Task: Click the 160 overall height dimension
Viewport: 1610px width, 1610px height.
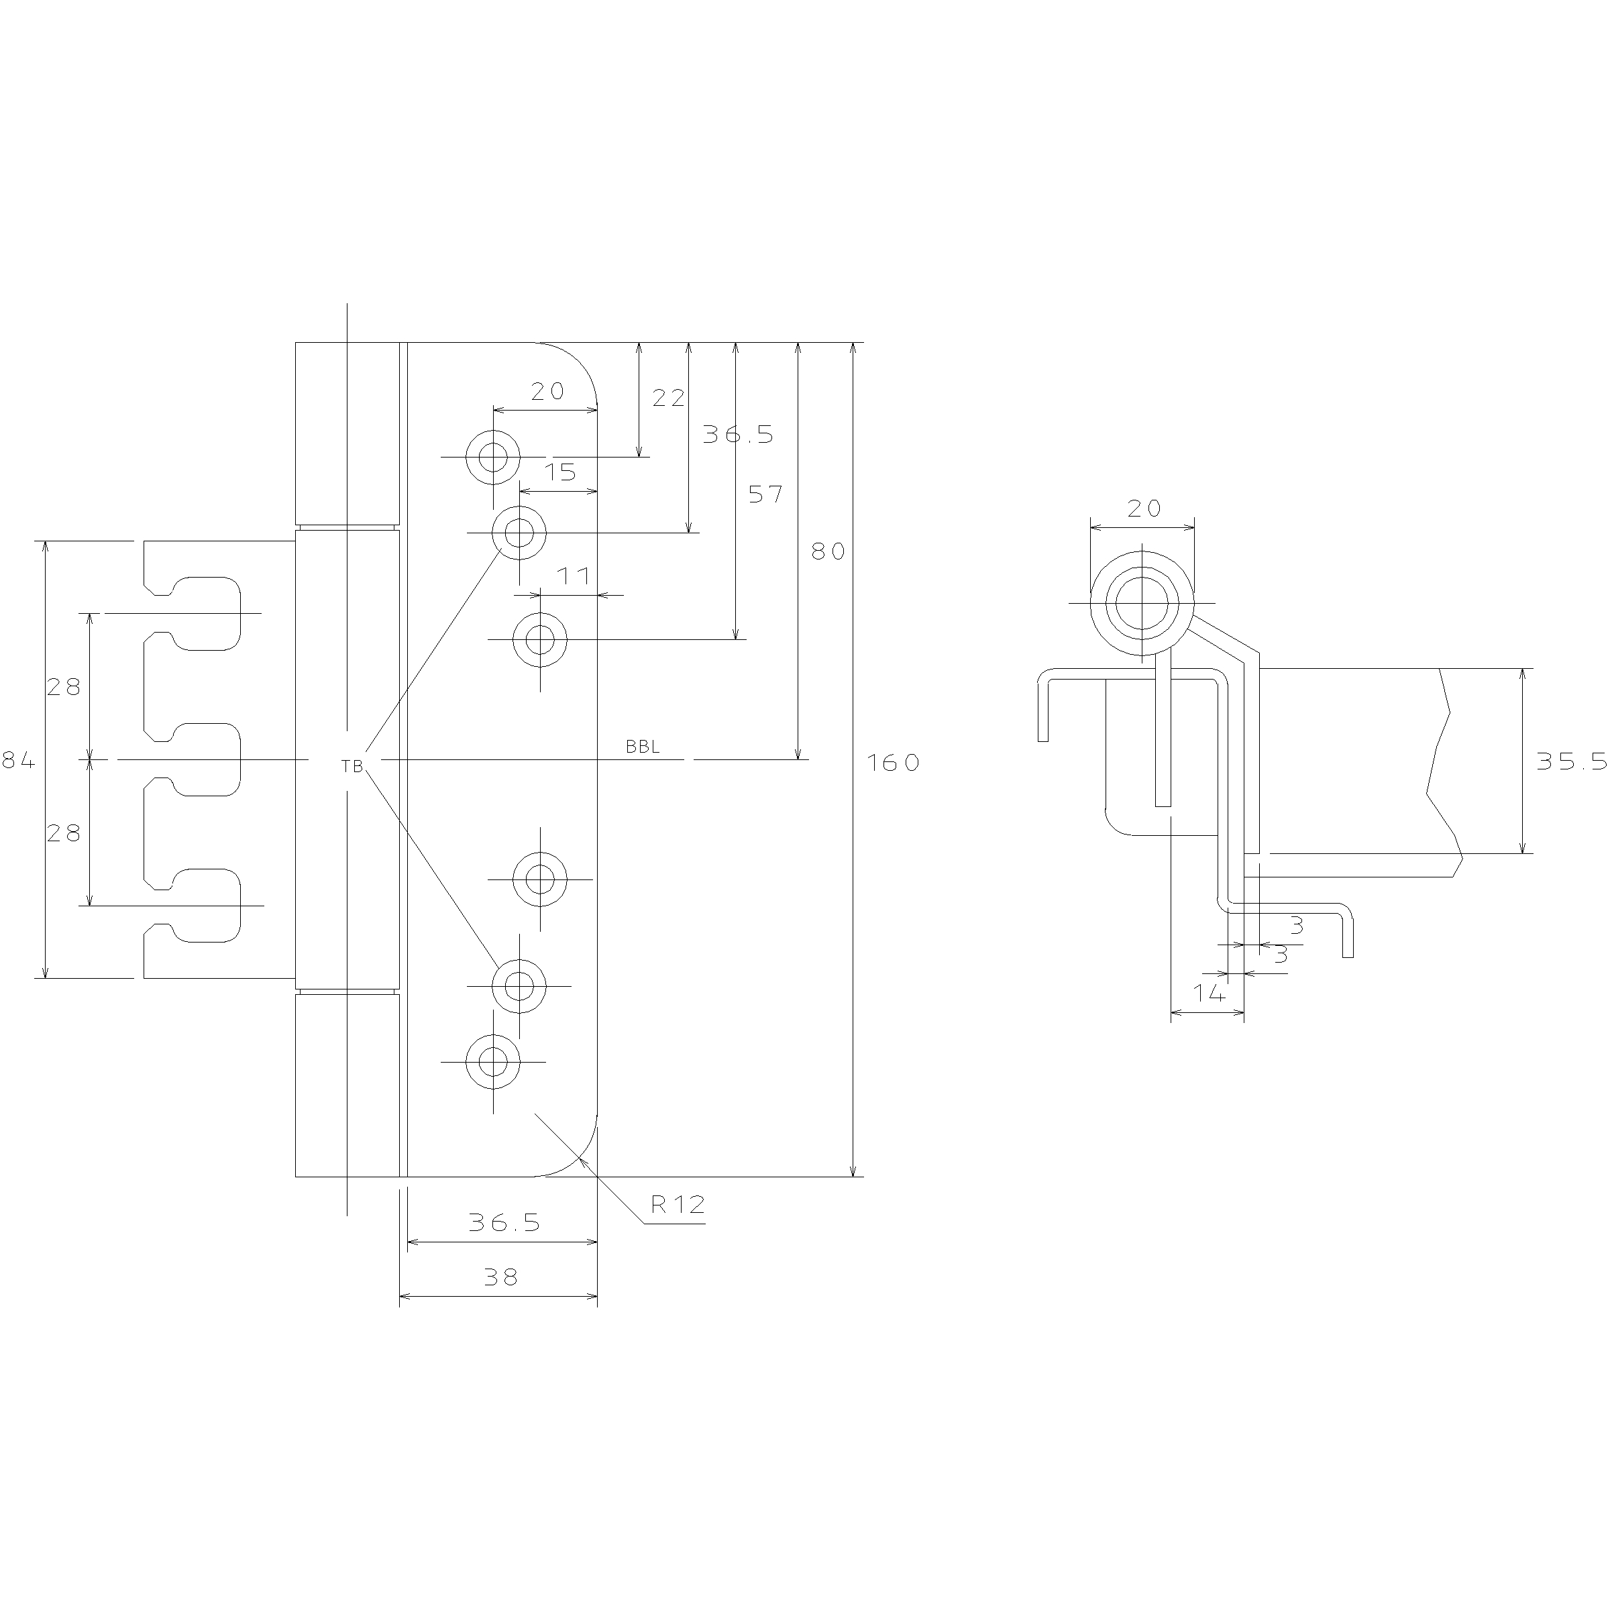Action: pos(892,763)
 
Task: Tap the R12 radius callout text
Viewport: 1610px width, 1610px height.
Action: pos(678,1204)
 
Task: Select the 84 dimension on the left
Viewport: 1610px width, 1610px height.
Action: pos(18,760)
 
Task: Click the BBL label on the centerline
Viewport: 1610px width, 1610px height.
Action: pos(643,747)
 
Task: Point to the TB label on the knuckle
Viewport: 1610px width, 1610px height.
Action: pos(352,767)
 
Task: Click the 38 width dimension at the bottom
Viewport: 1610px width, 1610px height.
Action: pos(500,1277)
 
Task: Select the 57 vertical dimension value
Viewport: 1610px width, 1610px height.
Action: pos(765,494)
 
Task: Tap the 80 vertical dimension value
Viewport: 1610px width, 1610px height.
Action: pos(828,551)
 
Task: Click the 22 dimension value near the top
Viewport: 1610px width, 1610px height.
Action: pos(668,398)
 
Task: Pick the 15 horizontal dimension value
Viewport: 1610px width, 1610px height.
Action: pos(560,472)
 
